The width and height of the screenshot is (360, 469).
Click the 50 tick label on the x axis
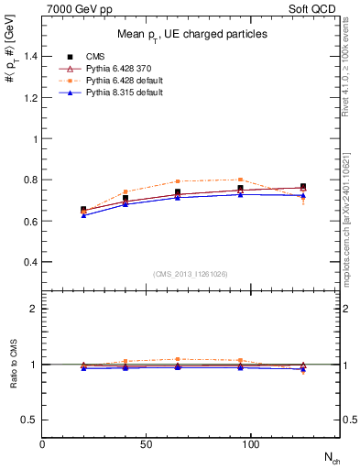[x=146, y=444]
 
